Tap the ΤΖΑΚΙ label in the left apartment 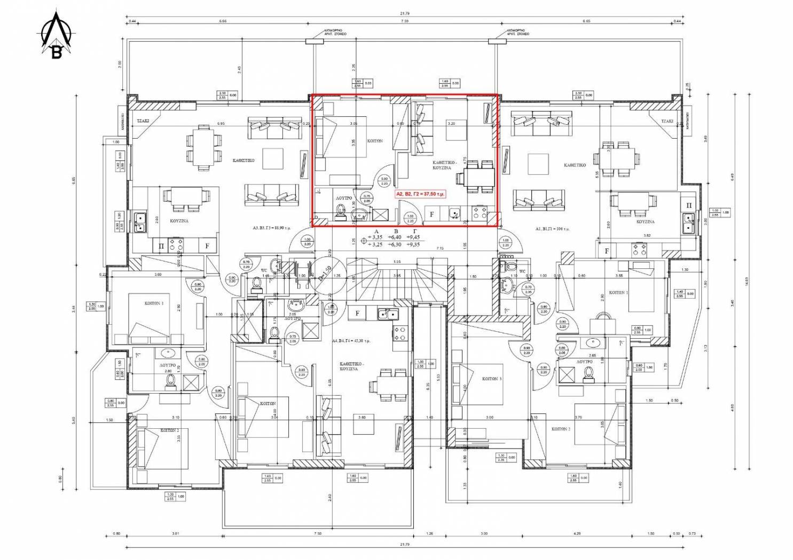pos(143,121)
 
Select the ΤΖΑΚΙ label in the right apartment pos(667,121)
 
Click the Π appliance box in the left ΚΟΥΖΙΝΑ pos(161,246)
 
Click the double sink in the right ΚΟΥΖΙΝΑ pos(689,223)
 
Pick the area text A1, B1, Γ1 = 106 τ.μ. pos(553,228)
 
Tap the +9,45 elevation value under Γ pos(413,237)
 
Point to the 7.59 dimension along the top pos(404,21)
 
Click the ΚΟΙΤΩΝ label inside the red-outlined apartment pos(375,141)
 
